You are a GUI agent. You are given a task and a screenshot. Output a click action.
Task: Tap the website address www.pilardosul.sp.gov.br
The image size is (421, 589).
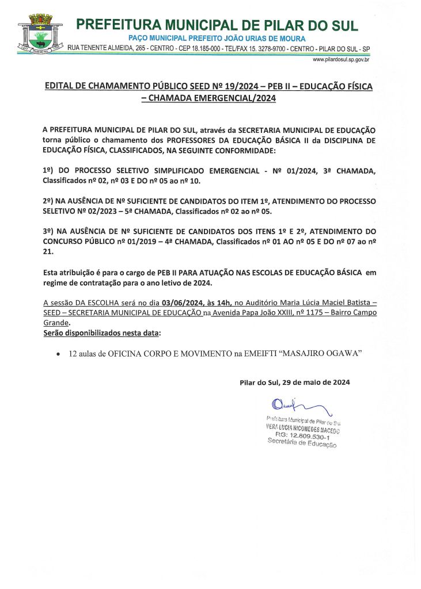tap(340, 59)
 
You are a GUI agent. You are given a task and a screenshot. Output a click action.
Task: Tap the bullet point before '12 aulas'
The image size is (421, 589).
tap(58, 355)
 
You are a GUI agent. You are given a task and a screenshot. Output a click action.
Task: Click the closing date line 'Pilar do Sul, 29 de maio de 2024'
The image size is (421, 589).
tap(294, 382)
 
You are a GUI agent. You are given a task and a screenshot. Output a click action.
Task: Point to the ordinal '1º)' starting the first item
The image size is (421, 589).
tap(48, 172)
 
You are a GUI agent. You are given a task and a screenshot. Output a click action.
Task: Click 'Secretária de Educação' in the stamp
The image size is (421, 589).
tap(302, 443)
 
